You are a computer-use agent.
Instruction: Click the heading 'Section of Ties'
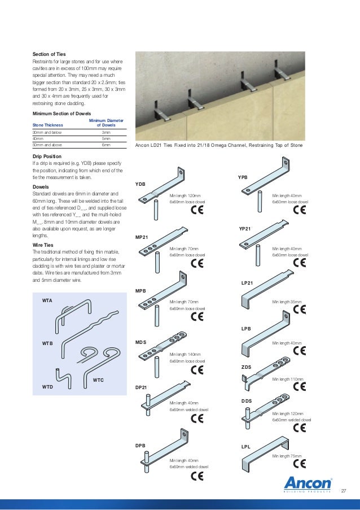point(49,54)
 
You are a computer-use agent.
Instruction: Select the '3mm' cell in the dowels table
point(106,132)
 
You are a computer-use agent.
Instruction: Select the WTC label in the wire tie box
point(99,380)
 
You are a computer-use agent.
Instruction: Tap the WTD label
point(47,387)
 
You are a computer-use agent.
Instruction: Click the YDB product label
point(141,184)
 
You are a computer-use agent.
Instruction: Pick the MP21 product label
point(142,237)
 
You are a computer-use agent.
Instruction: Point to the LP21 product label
point(247,282)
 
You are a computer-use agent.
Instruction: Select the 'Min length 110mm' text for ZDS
point(287,380)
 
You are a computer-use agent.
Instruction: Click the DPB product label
point(141,446)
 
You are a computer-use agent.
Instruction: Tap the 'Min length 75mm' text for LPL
point(287,456)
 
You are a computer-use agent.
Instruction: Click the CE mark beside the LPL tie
point(300,464)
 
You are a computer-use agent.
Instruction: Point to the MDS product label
point(142,342)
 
